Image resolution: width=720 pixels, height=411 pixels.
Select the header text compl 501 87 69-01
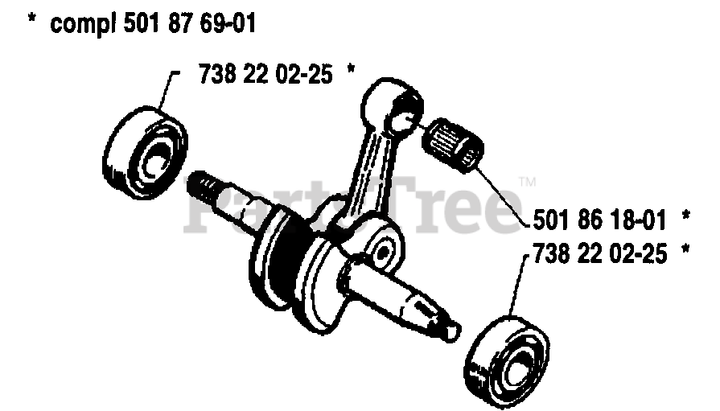point(153,23)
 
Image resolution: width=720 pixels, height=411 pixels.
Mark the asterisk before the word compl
point(32,24)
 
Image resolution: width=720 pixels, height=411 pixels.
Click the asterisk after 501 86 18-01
point(686,216)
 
